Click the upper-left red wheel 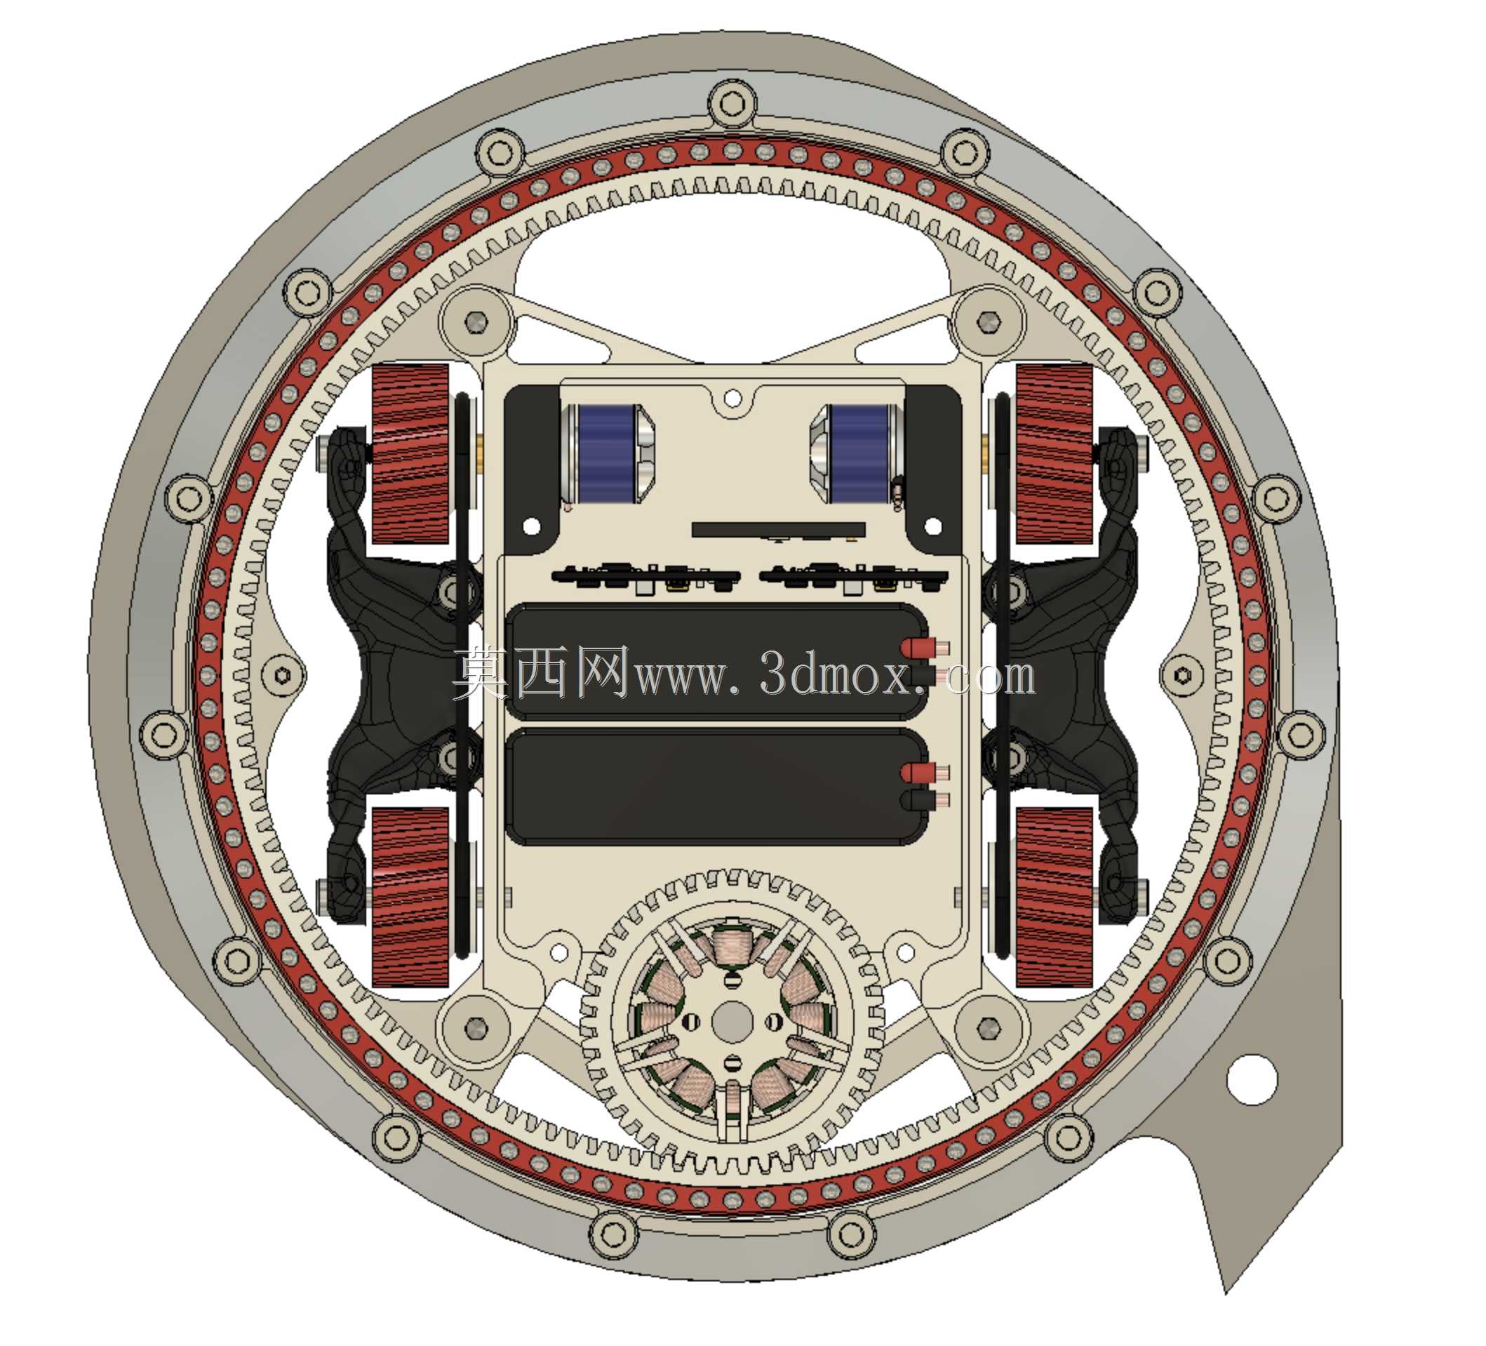410,454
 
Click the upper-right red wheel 1054,454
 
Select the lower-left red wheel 410,897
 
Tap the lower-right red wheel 1054,897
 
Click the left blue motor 607,454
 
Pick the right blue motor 857,454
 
